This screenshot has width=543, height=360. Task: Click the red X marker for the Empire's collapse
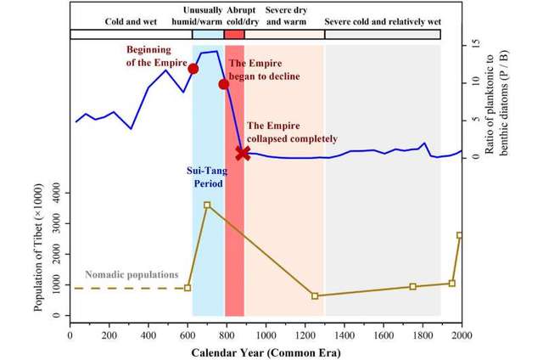click(x=244, y=153)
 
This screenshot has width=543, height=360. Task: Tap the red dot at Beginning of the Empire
click(x=193, y=68)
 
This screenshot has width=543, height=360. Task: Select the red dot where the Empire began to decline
click(x=224, y=84)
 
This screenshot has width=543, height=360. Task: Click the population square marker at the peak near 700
click(x=207, y=205)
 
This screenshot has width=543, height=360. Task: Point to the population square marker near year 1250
click(x=315, y=295)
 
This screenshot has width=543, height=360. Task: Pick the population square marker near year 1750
click(x=413, y=286)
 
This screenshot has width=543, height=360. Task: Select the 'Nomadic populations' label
click(x=132, y=275)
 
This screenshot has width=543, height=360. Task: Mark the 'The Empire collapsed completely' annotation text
click(x=292, y=132)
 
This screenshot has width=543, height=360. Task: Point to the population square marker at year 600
click(x=188, y=288)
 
